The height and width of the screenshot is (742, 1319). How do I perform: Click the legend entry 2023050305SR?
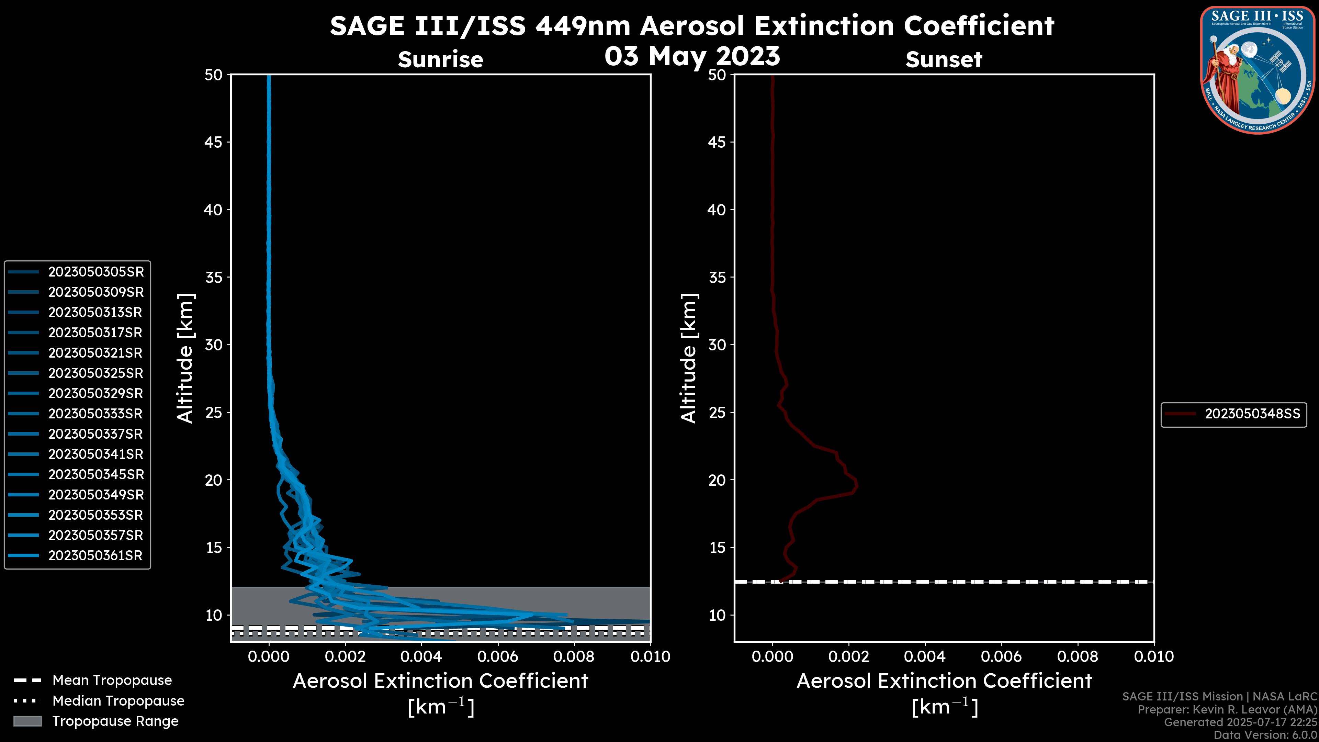(96, 272)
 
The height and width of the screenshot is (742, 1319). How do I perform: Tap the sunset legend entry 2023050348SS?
(1252, 414)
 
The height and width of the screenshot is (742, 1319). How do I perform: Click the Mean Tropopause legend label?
(112, 681)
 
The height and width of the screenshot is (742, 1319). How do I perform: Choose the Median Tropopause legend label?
(118, 701)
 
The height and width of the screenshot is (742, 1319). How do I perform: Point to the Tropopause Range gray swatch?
(27, 721)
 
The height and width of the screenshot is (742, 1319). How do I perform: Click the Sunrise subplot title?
(440, 59)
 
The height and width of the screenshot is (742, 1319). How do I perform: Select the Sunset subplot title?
(944, 59)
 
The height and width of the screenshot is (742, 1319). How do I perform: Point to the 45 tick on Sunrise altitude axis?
(214, 142)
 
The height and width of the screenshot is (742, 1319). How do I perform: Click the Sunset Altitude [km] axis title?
(689, 358)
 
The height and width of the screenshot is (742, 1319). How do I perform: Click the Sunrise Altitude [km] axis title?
(185, 358)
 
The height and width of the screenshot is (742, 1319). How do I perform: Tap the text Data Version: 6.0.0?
(1266, 735)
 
